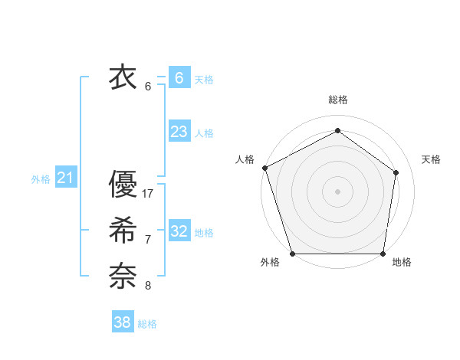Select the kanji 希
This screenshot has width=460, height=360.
pyautogui.click(x=123, y=231)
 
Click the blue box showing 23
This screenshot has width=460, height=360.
pyautogui.click(x=179, y=132)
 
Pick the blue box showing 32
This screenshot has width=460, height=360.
pyautogui.click(x=179, y=231)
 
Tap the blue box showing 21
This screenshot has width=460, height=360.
pyautogui.click(x=66, y=178)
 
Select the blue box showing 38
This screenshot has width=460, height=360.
pyautogui.click(x=123, y=322)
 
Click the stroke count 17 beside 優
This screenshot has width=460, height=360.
pyautogui.click(x=148, y=194)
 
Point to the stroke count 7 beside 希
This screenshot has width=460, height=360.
pyautogui.click(x=148, y=240)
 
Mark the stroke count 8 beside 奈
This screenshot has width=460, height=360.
pyautogui.click(x=148, y=286)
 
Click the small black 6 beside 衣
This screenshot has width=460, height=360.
pyautogui.click(x=148, y=86)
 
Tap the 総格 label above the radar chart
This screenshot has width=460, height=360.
pyautogui.click(x=337, y=100)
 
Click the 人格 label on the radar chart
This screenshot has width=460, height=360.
pyautogui.click(x=245, y=159)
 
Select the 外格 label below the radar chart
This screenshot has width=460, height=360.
pyautogui.click(x=270, y=263)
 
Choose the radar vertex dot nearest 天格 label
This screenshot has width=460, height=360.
pyautogui.click(x=396, y=172)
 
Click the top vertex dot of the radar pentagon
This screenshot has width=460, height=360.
pyautogui.click(x=337, y=129)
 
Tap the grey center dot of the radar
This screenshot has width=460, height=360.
pyautogui.click(x=337, y=191)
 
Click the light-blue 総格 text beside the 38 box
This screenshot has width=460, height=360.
pyautogui.click(x=147, y=324)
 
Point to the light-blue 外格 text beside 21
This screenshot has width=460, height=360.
pyautogui.click(x=41, y=179)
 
